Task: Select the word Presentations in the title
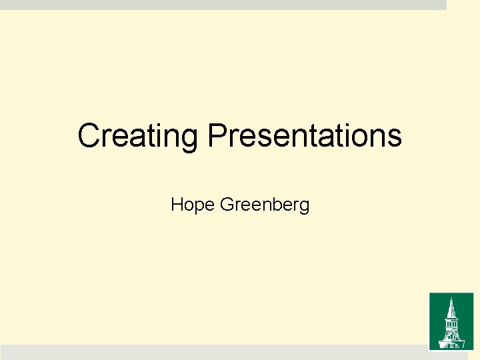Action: point(305,136)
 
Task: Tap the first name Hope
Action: point(193,204)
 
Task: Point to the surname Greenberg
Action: point(265,204)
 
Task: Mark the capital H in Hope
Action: point(177,204)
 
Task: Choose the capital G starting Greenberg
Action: point(225,204)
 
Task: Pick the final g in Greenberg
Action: point(305,206)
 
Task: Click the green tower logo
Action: point(451,321)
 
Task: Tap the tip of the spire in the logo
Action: point(451,298)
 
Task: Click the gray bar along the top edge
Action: point(223,5)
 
